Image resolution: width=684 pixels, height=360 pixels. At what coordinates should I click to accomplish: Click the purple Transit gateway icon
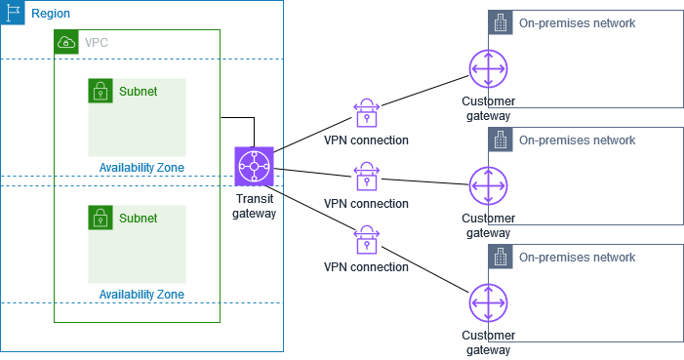tap(254, 167)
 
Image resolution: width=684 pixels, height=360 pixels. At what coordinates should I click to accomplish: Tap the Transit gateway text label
tap(254, 206)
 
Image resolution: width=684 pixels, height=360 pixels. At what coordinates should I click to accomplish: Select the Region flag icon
tap(14, 14)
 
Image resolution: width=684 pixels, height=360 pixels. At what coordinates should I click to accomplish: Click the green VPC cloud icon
tap(66, 42)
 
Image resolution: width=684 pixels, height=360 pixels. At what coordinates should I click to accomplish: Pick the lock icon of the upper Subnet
tap(101, 91)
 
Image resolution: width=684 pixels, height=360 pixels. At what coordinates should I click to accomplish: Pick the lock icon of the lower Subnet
tap(101, 218)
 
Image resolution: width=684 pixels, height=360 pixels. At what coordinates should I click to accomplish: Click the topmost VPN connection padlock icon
tap(366, 113)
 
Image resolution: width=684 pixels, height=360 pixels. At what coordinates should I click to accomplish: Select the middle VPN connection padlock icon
tap(366, 178)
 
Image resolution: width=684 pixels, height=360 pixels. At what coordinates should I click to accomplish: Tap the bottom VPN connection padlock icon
tap(366, 241)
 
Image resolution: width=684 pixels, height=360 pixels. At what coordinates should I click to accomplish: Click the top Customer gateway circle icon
tap(488, 71)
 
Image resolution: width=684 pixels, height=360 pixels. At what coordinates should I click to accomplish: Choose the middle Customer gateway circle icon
tap(488, 186)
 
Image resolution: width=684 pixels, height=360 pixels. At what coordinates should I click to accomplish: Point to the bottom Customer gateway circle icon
tap(488, 303)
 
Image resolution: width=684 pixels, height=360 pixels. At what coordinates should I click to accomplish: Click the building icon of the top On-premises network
tap(500, 23)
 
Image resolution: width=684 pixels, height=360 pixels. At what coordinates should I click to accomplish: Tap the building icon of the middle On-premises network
tap(500, 140)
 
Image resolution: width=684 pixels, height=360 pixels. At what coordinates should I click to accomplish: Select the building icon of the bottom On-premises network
tap(500, 258)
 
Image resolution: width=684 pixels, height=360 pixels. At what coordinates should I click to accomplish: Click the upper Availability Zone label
tap(141, 168)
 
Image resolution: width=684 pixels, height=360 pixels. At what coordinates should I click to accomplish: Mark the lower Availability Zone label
tap(141, 294)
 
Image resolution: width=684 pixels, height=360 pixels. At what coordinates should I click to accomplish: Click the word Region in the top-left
tap(50, 14)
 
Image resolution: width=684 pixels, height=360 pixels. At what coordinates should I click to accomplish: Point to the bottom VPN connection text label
tap(366, 266)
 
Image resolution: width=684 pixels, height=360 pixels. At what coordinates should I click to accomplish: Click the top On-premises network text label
tap(577, 23)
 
